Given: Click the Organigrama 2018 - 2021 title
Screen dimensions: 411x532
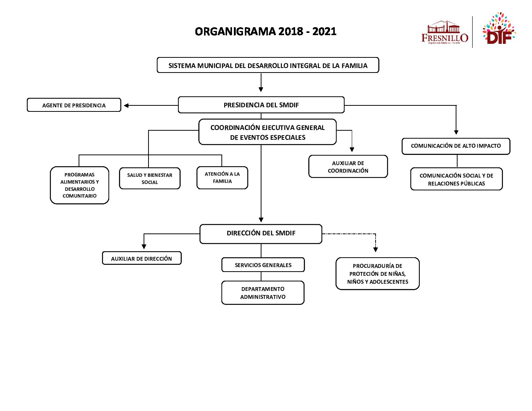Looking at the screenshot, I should [266, 31].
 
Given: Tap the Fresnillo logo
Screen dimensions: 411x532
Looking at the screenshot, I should [444, 33].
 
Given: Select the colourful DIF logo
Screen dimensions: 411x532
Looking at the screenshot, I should [498, 29].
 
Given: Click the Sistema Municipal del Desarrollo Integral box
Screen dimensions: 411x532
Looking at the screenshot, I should [268, 65].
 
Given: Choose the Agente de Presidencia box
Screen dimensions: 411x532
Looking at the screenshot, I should [74, 105].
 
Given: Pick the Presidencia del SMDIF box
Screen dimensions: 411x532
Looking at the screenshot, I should [261, 105].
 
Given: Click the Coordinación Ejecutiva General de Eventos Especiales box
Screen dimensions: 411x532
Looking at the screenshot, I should [268, 132].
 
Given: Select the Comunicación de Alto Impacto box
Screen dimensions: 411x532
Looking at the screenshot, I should [456, 146].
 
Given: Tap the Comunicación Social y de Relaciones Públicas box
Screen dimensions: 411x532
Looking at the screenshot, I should [456, 179].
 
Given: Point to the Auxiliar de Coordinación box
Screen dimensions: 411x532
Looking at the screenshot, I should [348, 167].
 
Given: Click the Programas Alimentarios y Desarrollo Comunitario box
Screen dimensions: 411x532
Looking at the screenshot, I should [79, 185].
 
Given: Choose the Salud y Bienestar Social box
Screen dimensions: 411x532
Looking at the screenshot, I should [150, 178].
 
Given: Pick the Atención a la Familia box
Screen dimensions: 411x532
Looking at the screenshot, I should [222, 178].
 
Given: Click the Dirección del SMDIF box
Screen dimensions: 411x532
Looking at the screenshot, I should [261, 233].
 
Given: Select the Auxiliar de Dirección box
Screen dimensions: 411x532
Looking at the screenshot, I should [142, 258].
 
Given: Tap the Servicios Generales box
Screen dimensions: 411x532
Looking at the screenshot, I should [263, 265].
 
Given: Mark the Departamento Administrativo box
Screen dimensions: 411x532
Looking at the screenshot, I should [263, 293].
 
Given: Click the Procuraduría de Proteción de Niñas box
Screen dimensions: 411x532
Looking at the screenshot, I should [377, 273].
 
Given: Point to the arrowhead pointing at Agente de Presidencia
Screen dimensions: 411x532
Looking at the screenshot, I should [127, 105].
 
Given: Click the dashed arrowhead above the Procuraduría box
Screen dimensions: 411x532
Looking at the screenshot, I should [376, 249].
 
